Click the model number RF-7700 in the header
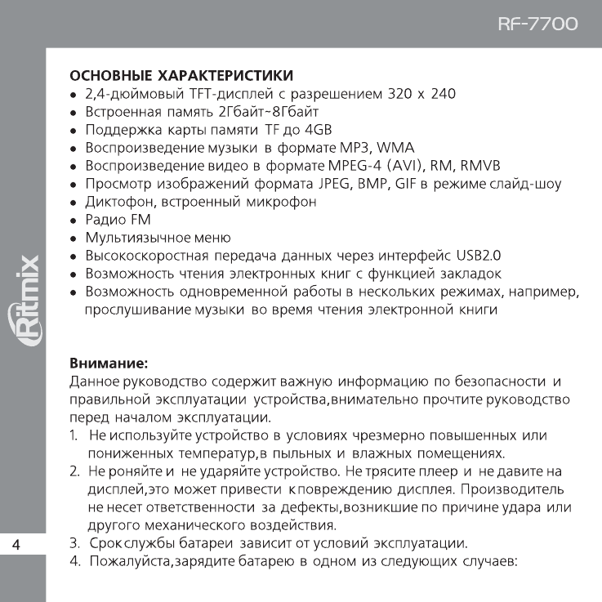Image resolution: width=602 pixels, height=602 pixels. pyautogui.click(x=537, y=25)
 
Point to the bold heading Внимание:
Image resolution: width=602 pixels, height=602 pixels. pyautogui.click(x=107, y=360)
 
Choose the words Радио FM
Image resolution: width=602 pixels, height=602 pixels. pyautogui.click(x=114, y=220)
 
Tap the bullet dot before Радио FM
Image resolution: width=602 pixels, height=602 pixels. pyautogui.click(x=74, y=221)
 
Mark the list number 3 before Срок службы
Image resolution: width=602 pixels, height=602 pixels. pyautogui.click(x=74, y=542)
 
